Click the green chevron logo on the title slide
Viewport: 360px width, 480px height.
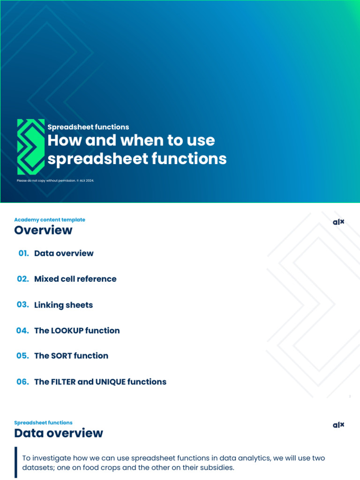pyautogui.click(x=31, y=147)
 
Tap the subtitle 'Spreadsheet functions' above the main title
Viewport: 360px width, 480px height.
pyautogui.click(x=88, y=127)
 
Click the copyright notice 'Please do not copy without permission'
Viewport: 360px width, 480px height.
pyautogui.click(x=55, y=180)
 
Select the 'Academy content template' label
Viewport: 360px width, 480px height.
pyautogui.click(x=50, y=219)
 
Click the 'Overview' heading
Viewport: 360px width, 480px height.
pyautogui.click(x=43, y=230)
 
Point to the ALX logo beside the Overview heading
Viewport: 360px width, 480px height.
pyautogui.click(x=338, y=222)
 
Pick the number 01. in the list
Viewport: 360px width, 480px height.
pyautogui.click(x=24, y=253)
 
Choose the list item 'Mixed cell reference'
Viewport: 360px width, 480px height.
pyautogui.click(x=75, y=279)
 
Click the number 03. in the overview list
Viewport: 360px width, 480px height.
pyautogui.click(x=22, y=305)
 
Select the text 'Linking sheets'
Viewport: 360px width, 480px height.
pyautogui.click(x=63, y=305)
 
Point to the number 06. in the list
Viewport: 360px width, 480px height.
pyautogui.click(x=22, y=382)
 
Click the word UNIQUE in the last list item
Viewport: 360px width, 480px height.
pyautogui.click(x=112, y=382)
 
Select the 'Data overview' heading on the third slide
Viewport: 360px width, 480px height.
pyautogui.click(x=59, y=433)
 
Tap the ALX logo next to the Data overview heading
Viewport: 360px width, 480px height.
pyautogui.click(x=338, y=425)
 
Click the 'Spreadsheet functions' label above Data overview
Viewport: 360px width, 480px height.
pyautogui.click(x=43, y=422)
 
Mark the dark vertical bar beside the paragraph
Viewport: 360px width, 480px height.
pyautogui.click(x=15, y=462)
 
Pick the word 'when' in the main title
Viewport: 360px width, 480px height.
pyautogui.click(x=141, y=140)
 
